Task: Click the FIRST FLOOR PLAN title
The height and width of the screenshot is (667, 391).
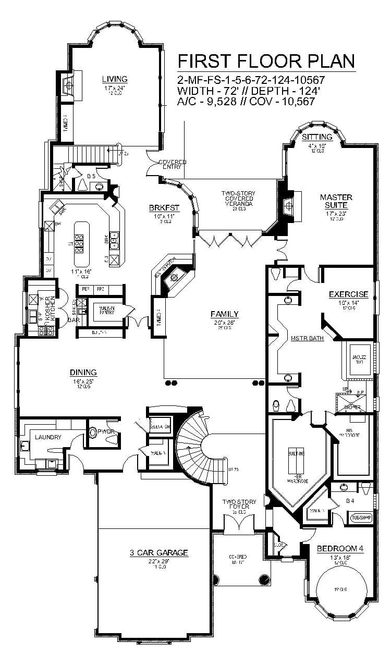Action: (266, 61)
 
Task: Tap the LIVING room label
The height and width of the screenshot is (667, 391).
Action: (114, 79)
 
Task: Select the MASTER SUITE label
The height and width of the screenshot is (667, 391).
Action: (336, 201)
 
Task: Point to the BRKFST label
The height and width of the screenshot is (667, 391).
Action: (164, 207)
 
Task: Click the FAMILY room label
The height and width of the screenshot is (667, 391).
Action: (224, 314)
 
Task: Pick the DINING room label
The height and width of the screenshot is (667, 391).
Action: (83, 372)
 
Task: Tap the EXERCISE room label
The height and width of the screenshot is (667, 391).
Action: (348, 294)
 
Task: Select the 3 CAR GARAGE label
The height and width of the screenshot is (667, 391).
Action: (159, 553)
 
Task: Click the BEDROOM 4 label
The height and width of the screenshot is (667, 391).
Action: (339, 548)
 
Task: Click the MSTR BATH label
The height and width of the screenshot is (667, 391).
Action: (308, 338)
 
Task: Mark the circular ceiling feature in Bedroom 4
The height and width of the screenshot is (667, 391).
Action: (340, 589)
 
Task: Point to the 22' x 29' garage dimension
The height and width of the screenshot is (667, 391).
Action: (159, 561)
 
